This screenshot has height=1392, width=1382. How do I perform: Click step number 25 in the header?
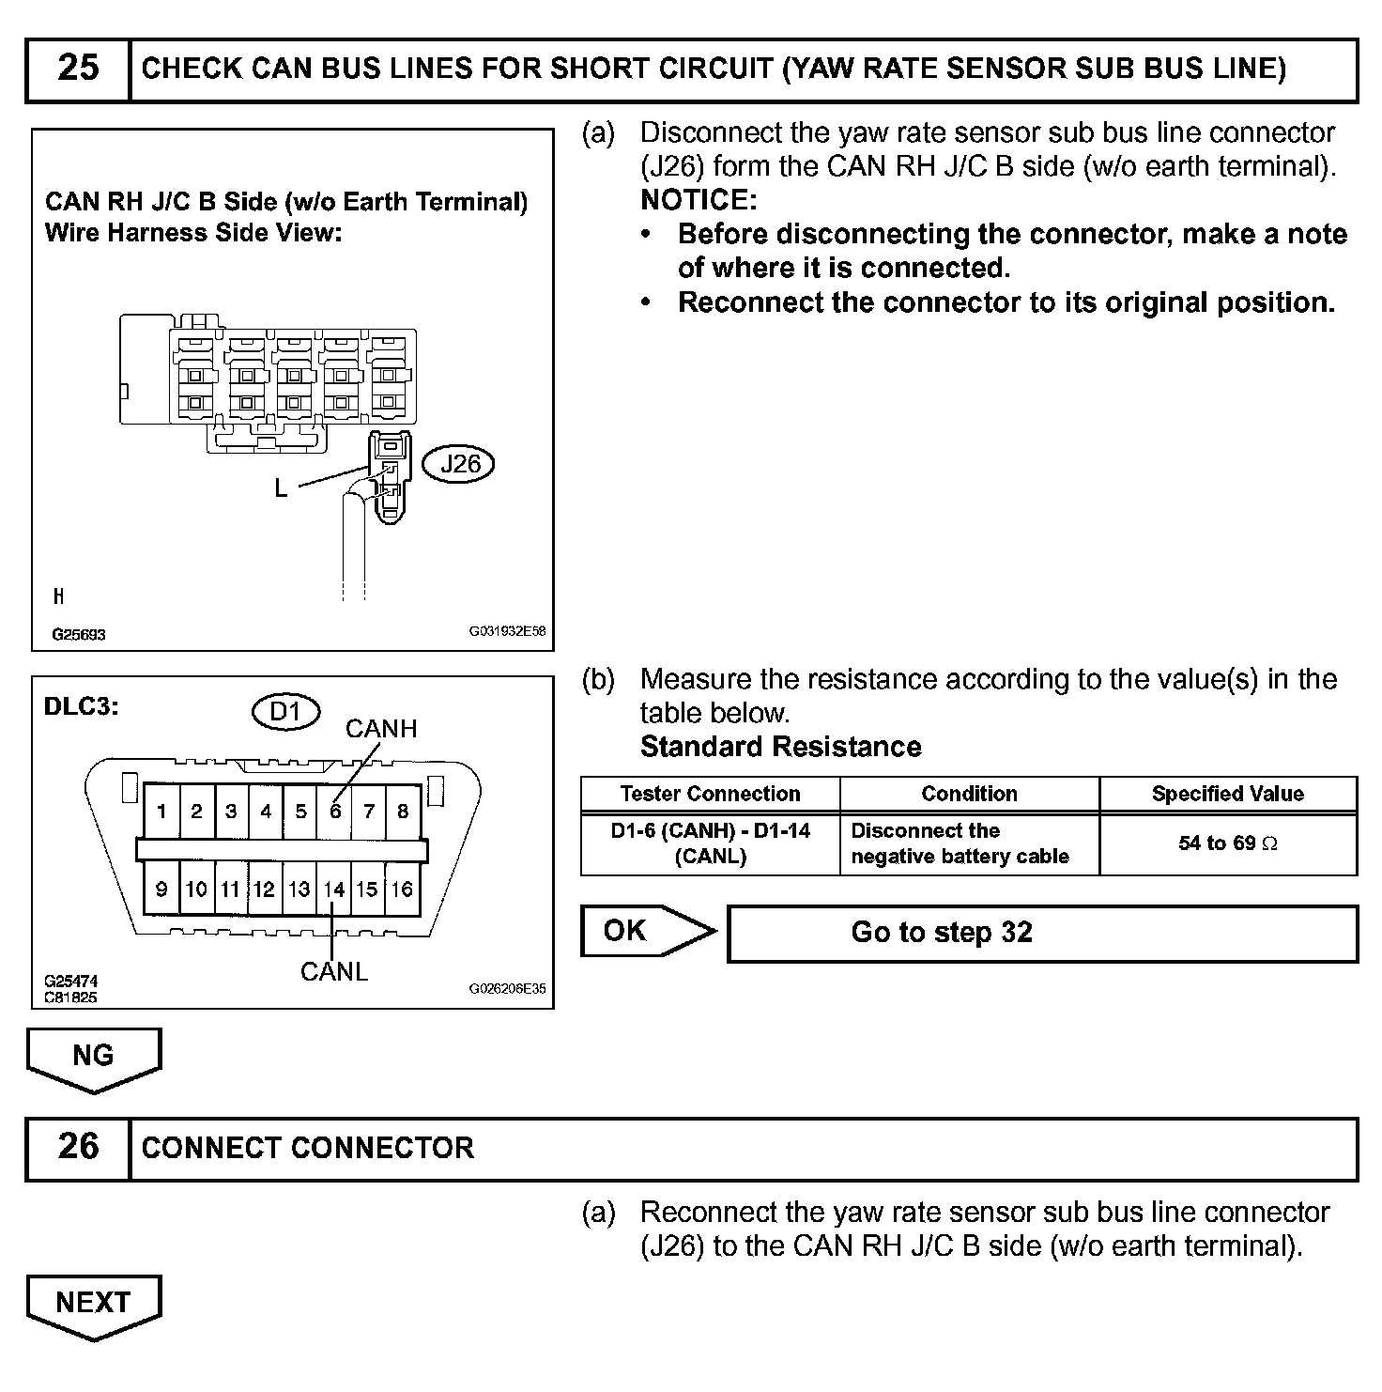tap(78, 69)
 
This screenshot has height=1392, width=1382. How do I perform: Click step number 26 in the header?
tap(78, 1147)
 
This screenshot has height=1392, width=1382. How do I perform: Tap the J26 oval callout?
tap(460, 463)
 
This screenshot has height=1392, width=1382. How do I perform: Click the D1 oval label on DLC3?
tap(285, 712)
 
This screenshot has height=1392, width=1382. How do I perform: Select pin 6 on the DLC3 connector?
tap(335, 812)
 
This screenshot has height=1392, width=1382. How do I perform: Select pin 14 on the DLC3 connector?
tap(333, 889)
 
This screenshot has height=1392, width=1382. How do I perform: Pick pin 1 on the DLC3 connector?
tap(162, 812)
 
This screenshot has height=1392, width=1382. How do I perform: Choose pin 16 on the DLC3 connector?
tap(402, 889)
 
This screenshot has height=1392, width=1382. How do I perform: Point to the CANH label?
tap(381, 729)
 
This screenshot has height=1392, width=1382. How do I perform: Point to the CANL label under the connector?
tap(334, 972)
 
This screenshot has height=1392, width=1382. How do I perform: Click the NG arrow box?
tap(93, 1056)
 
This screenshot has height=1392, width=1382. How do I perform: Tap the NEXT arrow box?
tap(93, 1303)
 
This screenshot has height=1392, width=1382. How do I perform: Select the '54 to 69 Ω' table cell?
tap(1228, 843)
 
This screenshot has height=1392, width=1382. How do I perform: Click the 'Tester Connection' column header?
tap(710, 794)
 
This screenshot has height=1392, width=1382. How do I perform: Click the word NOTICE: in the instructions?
tap(699, 200)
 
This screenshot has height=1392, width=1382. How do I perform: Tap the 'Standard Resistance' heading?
tap(780, 747)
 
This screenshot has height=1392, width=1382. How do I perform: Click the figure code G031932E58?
tap(507, 632)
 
